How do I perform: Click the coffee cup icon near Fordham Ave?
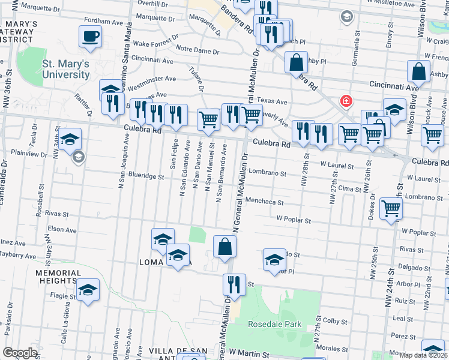[x=90, y=37]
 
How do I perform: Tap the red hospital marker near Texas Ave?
[x=346, y=100]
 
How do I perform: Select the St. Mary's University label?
[x=66, y=69]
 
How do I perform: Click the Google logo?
[x=20, y=353]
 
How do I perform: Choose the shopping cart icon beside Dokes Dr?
[x=391, y=209]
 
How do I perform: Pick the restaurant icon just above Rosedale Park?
[x=234, y=284]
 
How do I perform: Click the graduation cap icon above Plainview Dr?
[x=70, y=139]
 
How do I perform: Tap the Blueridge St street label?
[x=142, y=176]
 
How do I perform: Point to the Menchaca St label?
[x=265, y=202]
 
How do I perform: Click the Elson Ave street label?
[x=62, y=229]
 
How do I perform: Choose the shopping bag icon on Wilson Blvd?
[x=418, y=71]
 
